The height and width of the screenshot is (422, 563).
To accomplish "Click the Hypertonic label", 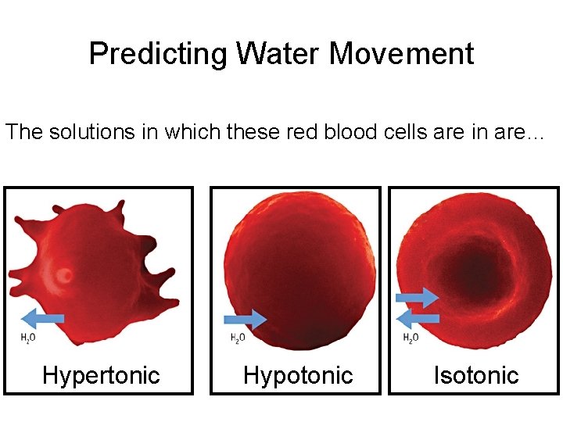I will point(100,375).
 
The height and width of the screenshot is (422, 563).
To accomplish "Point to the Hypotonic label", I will point(298,375).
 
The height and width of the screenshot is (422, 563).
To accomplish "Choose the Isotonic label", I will point(476,375).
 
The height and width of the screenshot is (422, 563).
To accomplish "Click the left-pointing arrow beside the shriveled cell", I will point(41,317).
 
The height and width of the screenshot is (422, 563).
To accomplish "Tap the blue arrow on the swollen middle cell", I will point(245,319).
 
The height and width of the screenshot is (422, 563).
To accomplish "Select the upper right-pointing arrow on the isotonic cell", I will point(418,297).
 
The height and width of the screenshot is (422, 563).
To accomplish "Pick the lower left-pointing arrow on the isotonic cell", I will point(418,317).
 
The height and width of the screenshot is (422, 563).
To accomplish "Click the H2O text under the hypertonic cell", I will point(27,338).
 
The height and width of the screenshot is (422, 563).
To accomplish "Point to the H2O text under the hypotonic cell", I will point(238,338).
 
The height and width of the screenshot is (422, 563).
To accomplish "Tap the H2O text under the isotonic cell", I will point(411,338).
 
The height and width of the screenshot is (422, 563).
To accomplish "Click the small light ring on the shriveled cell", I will point(65,275).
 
